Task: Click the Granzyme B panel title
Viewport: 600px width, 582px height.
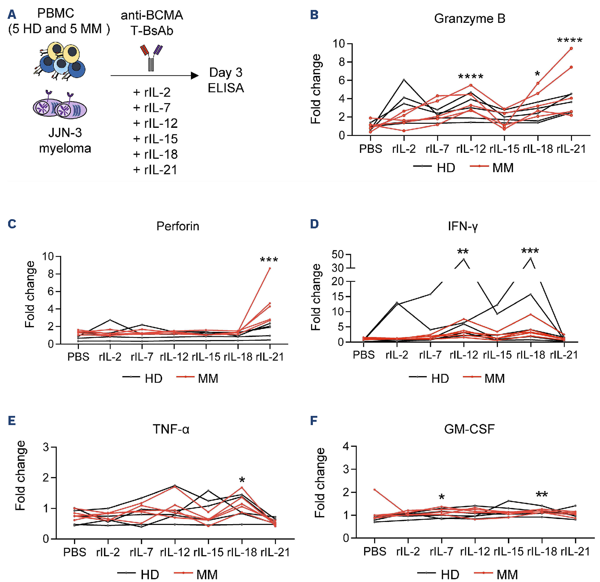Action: pos(470,18)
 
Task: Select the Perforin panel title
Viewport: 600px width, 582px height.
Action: pos(178,226)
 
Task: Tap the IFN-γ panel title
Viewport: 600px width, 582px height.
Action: pos(463,226)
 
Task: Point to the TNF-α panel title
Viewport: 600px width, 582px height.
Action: pos(171,429)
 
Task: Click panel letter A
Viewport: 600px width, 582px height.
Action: pos(12,15)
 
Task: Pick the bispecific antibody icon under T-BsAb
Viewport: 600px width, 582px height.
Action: pos(151,57)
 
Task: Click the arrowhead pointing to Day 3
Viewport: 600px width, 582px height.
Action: pos(195,76)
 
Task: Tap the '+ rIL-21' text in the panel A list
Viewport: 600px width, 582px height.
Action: pos(155,170)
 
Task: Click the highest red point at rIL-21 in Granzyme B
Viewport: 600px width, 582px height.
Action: pos(571,48)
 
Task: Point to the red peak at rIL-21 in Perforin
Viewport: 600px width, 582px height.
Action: pos(270,269)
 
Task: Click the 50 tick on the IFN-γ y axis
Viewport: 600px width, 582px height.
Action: pos(338,255)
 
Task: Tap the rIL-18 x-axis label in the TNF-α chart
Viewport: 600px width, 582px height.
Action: pos(242,552)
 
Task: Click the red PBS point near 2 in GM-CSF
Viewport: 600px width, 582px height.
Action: pos(374,490)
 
